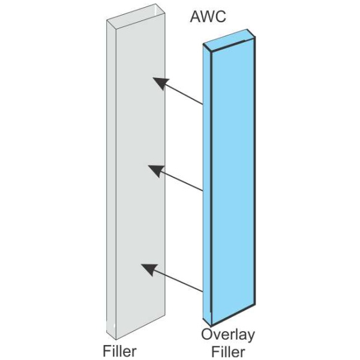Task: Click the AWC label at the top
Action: [208, 17]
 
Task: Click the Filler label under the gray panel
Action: [120, 349]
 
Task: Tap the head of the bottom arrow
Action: [145, 268]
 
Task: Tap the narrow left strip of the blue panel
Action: [208, 180]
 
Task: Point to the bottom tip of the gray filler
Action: [112, 337]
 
